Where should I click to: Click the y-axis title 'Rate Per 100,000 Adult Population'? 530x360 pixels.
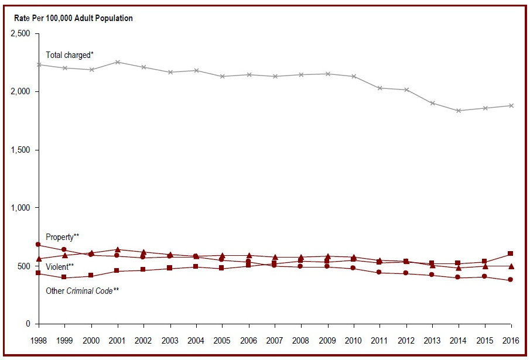coord(74,18)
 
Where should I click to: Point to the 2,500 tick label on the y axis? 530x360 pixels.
coord(20,34)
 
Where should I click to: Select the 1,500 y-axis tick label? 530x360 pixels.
coord(20,150)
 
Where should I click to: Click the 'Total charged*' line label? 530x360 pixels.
coord(70,55)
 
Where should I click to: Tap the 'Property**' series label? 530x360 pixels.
coord(62,237)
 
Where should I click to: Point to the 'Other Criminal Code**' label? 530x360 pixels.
coord(83,290)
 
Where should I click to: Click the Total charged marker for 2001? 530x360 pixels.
coord(118,62)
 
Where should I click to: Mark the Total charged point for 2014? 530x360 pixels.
coord(458,111)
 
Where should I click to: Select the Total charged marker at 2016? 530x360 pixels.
coord(511,106)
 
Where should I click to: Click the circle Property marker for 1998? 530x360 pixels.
coord(38,245)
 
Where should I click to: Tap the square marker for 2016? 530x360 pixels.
coord(511,253)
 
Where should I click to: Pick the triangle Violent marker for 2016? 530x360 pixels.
coord(511,266)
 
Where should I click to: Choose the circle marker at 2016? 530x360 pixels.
coord(511,280)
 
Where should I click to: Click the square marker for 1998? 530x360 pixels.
coord(38,273)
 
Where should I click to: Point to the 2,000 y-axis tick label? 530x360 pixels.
coord(20,92)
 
